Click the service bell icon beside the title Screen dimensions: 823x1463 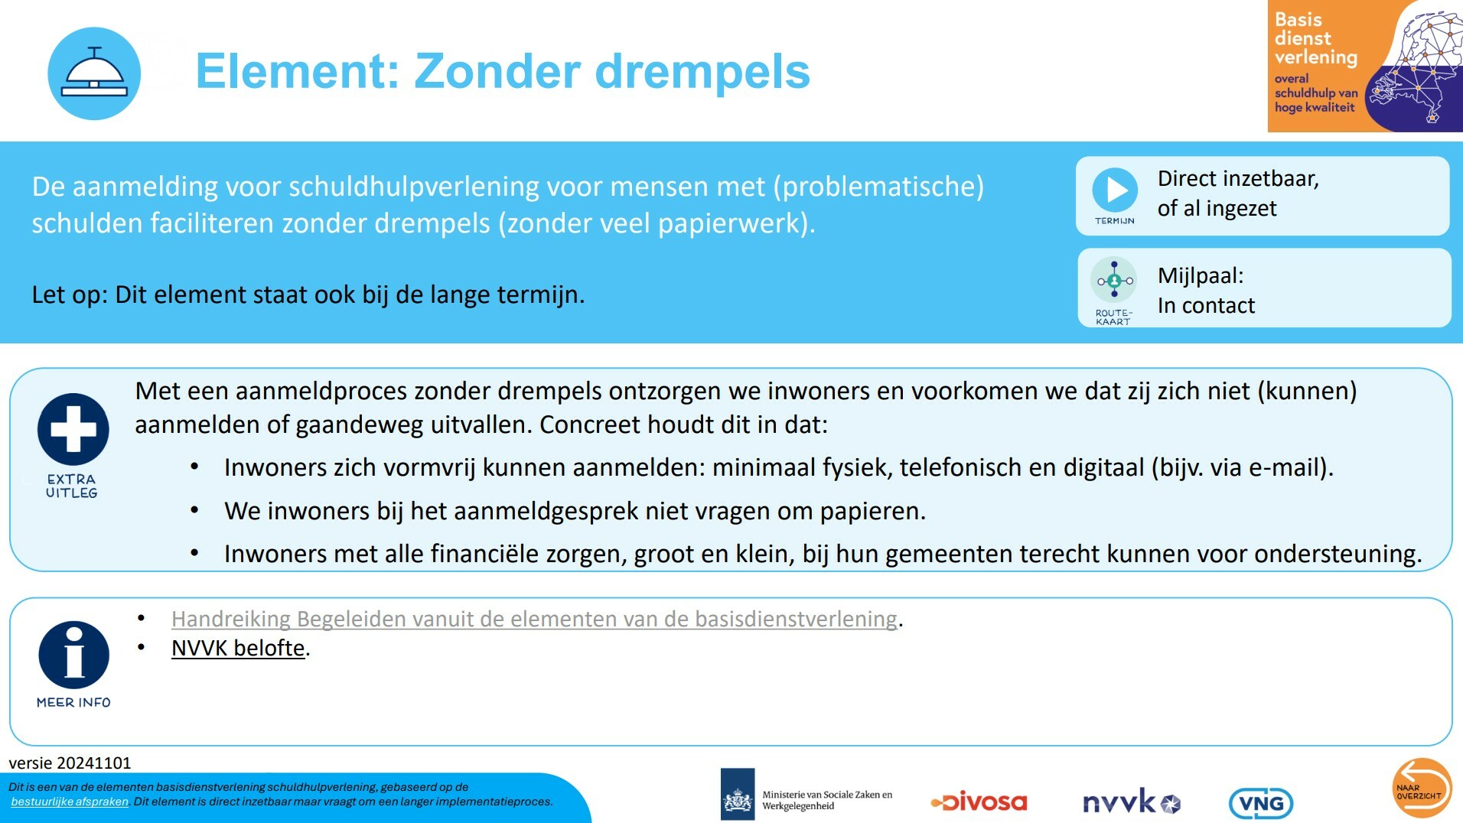pyautogui.click(x=94, y=73)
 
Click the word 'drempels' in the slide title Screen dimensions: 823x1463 pyautogui.click(x=702, y=71)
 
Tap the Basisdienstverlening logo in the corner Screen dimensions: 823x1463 pyautogui.click(x=1364, y=67)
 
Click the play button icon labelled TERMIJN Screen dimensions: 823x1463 pyautogui.click(x=1115, y=190)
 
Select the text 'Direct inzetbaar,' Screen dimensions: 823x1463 pyautogui.click(x=1237, y=179)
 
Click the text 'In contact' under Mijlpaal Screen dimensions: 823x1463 pyautogui.click(x=1206, y=306)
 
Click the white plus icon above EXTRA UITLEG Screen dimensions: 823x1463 pyautogui.click(x=73, y=429)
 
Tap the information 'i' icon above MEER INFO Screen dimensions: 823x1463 pyautogui.click(x=74, y=655)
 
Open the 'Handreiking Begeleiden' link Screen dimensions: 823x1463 pyautogui.click(x=533, y=619)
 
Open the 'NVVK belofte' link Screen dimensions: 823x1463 pyautogui.click(x=238, y=649)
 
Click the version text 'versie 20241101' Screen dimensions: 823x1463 pyautogui.click(x=70, y=763)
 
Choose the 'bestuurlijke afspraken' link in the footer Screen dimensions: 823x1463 pyautogui.click(x=70, y=802)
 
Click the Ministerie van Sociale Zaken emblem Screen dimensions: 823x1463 pyautogui.click(x=738, y=795)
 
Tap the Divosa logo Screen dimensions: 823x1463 pyautogui.click(x=979, y=802)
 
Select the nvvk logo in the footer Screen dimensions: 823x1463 pyautogui.click(x=1131, y=802)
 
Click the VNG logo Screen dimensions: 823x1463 pyautogui.click(x=1260, y=803)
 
